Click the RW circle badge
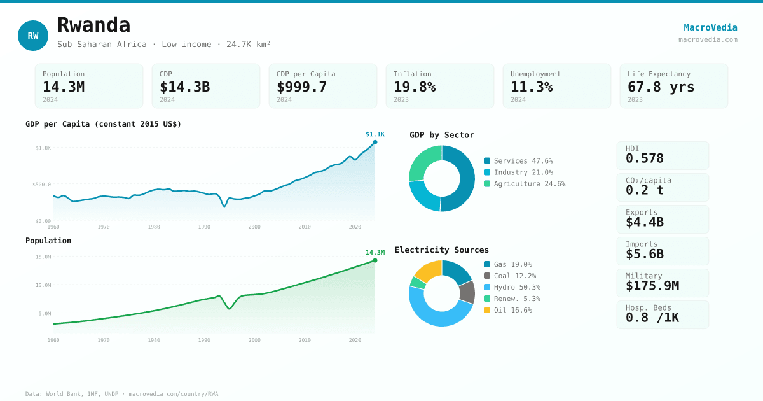click(33, 36)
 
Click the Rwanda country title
click(93, 25)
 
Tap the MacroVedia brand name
click(710, 27)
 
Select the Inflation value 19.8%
click(415, 87)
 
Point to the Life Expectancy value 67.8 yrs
click(661, 87)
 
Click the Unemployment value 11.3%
click(532, 87)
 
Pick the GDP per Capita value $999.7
click(301, 87)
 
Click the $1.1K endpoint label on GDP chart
click(375, 134)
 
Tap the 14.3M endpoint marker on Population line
click(375, 260)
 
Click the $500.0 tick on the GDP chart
click(42, 185)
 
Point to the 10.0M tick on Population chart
click(43, 285)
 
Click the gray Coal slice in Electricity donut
click(467, 292)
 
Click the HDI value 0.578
click(645, 158)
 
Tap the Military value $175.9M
click(652, 286)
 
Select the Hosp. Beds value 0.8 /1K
click(652, 318)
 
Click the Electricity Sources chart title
click(442, 250)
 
